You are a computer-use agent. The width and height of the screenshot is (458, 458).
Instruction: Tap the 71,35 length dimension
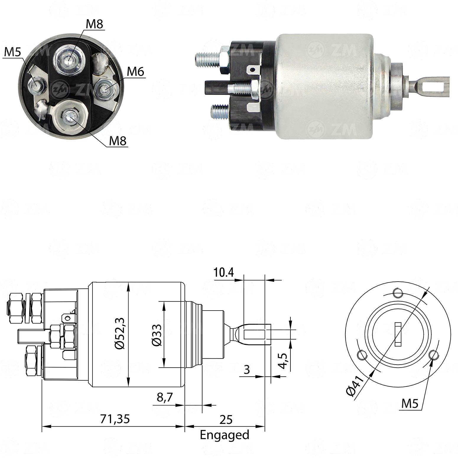pos(115,419)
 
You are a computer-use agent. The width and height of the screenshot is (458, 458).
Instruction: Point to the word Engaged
pos(225,435)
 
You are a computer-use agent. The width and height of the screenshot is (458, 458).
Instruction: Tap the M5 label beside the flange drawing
pos(410,403)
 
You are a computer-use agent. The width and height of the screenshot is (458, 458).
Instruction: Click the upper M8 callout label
pos(94,24)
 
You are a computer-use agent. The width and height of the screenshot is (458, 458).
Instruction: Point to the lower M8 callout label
pos(118,141)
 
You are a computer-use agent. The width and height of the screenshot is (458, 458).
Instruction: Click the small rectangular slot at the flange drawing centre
pos(398,334)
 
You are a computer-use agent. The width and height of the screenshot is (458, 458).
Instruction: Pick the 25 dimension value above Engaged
pos(226,419)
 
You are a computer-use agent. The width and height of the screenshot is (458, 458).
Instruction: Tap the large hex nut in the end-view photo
pos(69,61)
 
